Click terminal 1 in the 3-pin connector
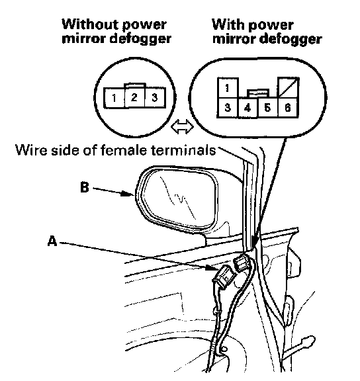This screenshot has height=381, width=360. tap(114, 98)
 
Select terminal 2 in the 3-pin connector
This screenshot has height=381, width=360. tap(134, 98)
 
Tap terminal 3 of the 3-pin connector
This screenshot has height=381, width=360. tap(155, 98)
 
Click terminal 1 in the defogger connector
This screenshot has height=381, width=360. tap(228, 88)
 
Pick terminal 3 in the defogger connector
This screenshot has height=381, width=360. tap(228, 108)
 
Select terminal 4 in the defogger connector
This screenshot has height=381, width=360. tap(247, 108)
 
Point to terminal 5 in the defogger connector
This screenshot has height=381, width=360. tap(268, 108)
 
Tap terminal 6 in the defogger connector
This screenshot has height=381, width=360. tap(288, 108)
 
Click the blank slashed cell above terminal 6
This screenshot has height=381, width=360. tap(289, 88)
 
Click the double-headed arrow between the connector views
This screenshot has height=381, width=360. tap(182, 126)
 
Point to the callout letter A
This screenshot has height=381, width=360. tap(52, 241)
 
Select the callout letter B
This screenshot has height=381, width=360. tap(85, 187)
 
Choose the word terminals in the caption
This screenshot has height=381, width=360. tap(183, 150)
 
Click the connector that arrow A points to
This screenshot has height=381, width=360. tap(224, 276)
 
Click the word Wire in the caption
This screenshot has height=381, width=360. tap(31, 150)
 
